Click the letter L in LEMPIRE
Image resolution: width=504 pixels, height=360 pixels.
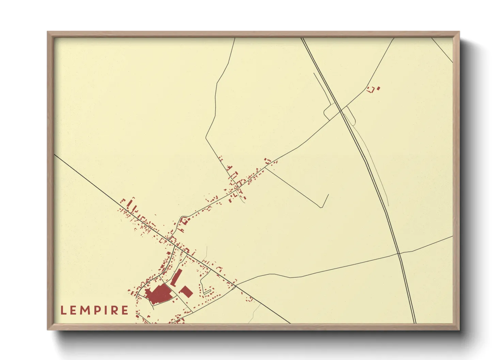(x=63, y=310)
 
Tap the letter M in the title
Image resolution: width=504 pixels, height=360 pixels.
(x=86, y=310)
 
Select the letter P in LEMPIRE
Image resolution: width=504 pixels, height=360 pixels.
(x=99, y=310)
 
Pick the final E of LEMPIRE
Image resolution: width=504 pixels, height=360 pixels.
(x=125, y=310)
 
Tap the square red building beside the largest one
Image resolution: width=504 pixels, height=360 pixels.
(x=186, y=292)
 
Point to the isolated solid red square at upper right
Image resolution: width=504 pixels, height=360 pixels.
(x=379, y=88)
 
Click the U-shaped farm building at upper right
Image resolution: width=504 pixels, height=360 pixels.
(x=372, y=90)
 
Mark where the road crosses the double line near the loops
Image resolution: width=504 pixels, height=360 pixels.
(x=340, y=110)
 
